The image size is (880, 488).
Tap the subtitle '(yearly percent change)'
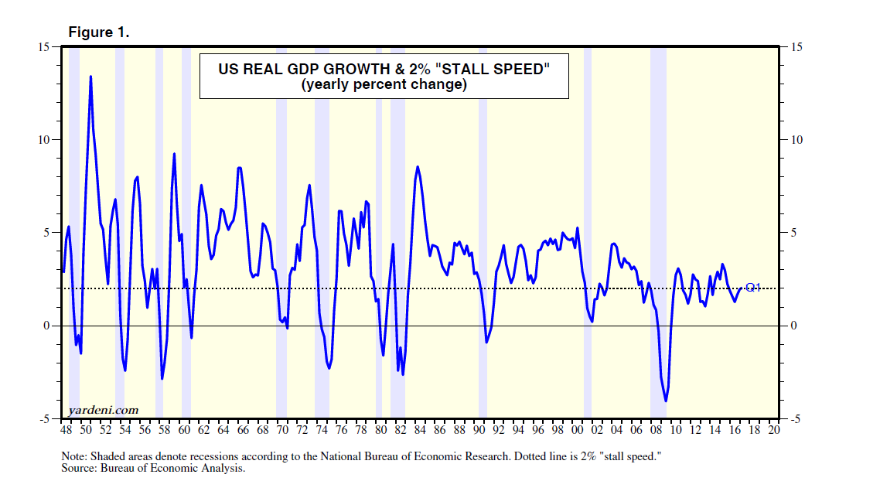coord(384,85)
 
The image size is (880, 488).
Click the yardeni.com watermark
coord(104,410)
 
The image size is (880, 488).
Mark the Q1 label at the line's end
coord(752,288)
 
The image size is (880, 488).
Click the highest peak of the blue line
coord(90,76)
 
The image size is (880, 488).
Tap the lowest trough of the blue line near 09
coord(665,401)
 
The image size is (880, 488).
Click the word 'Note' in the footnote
coord(74,456)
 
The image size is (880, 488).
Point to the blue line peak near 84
coord(418,166)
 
